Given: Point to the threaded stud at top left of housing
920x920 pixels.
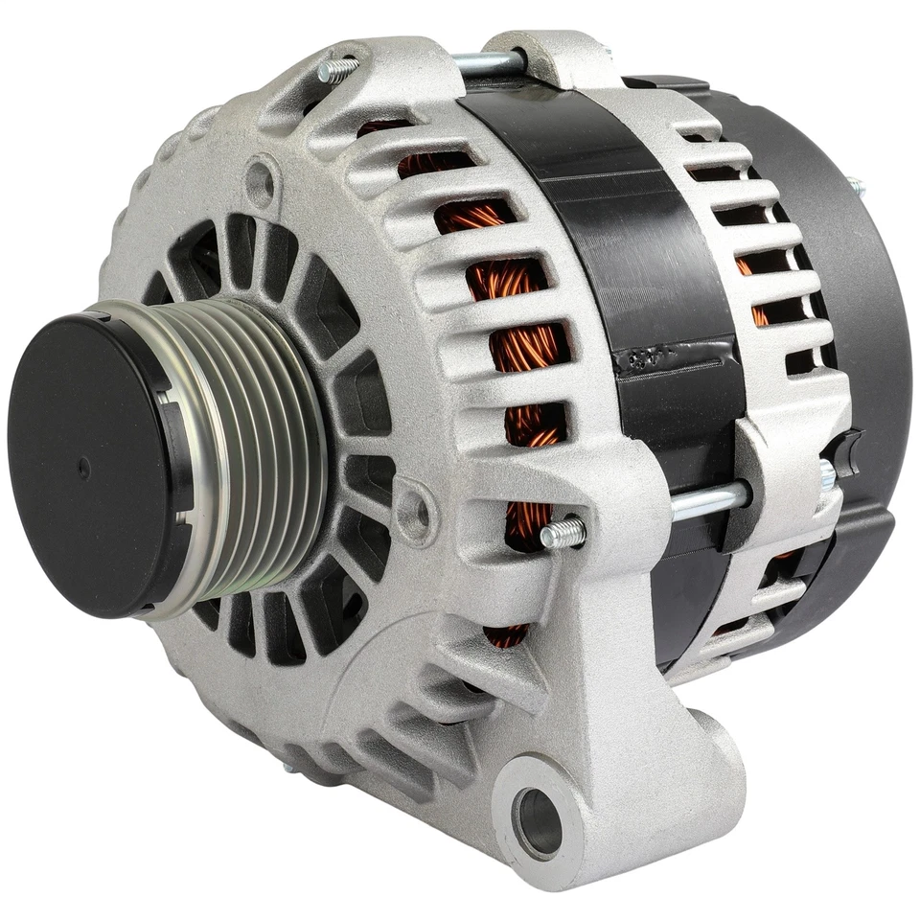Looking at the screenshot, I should (x=337, y=69).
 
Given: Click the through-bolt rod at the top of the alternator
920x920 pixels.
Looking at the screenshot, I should (x=489, y=63).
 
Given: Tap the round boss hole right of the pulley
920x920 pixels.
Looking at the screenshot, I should (x=414, y=513).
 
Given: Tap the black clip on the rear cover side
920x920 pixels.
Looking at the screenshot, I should (x=847, y=447).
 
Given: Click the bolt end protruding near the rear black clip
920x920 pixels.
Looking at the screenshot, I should (x=827, y=474).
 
